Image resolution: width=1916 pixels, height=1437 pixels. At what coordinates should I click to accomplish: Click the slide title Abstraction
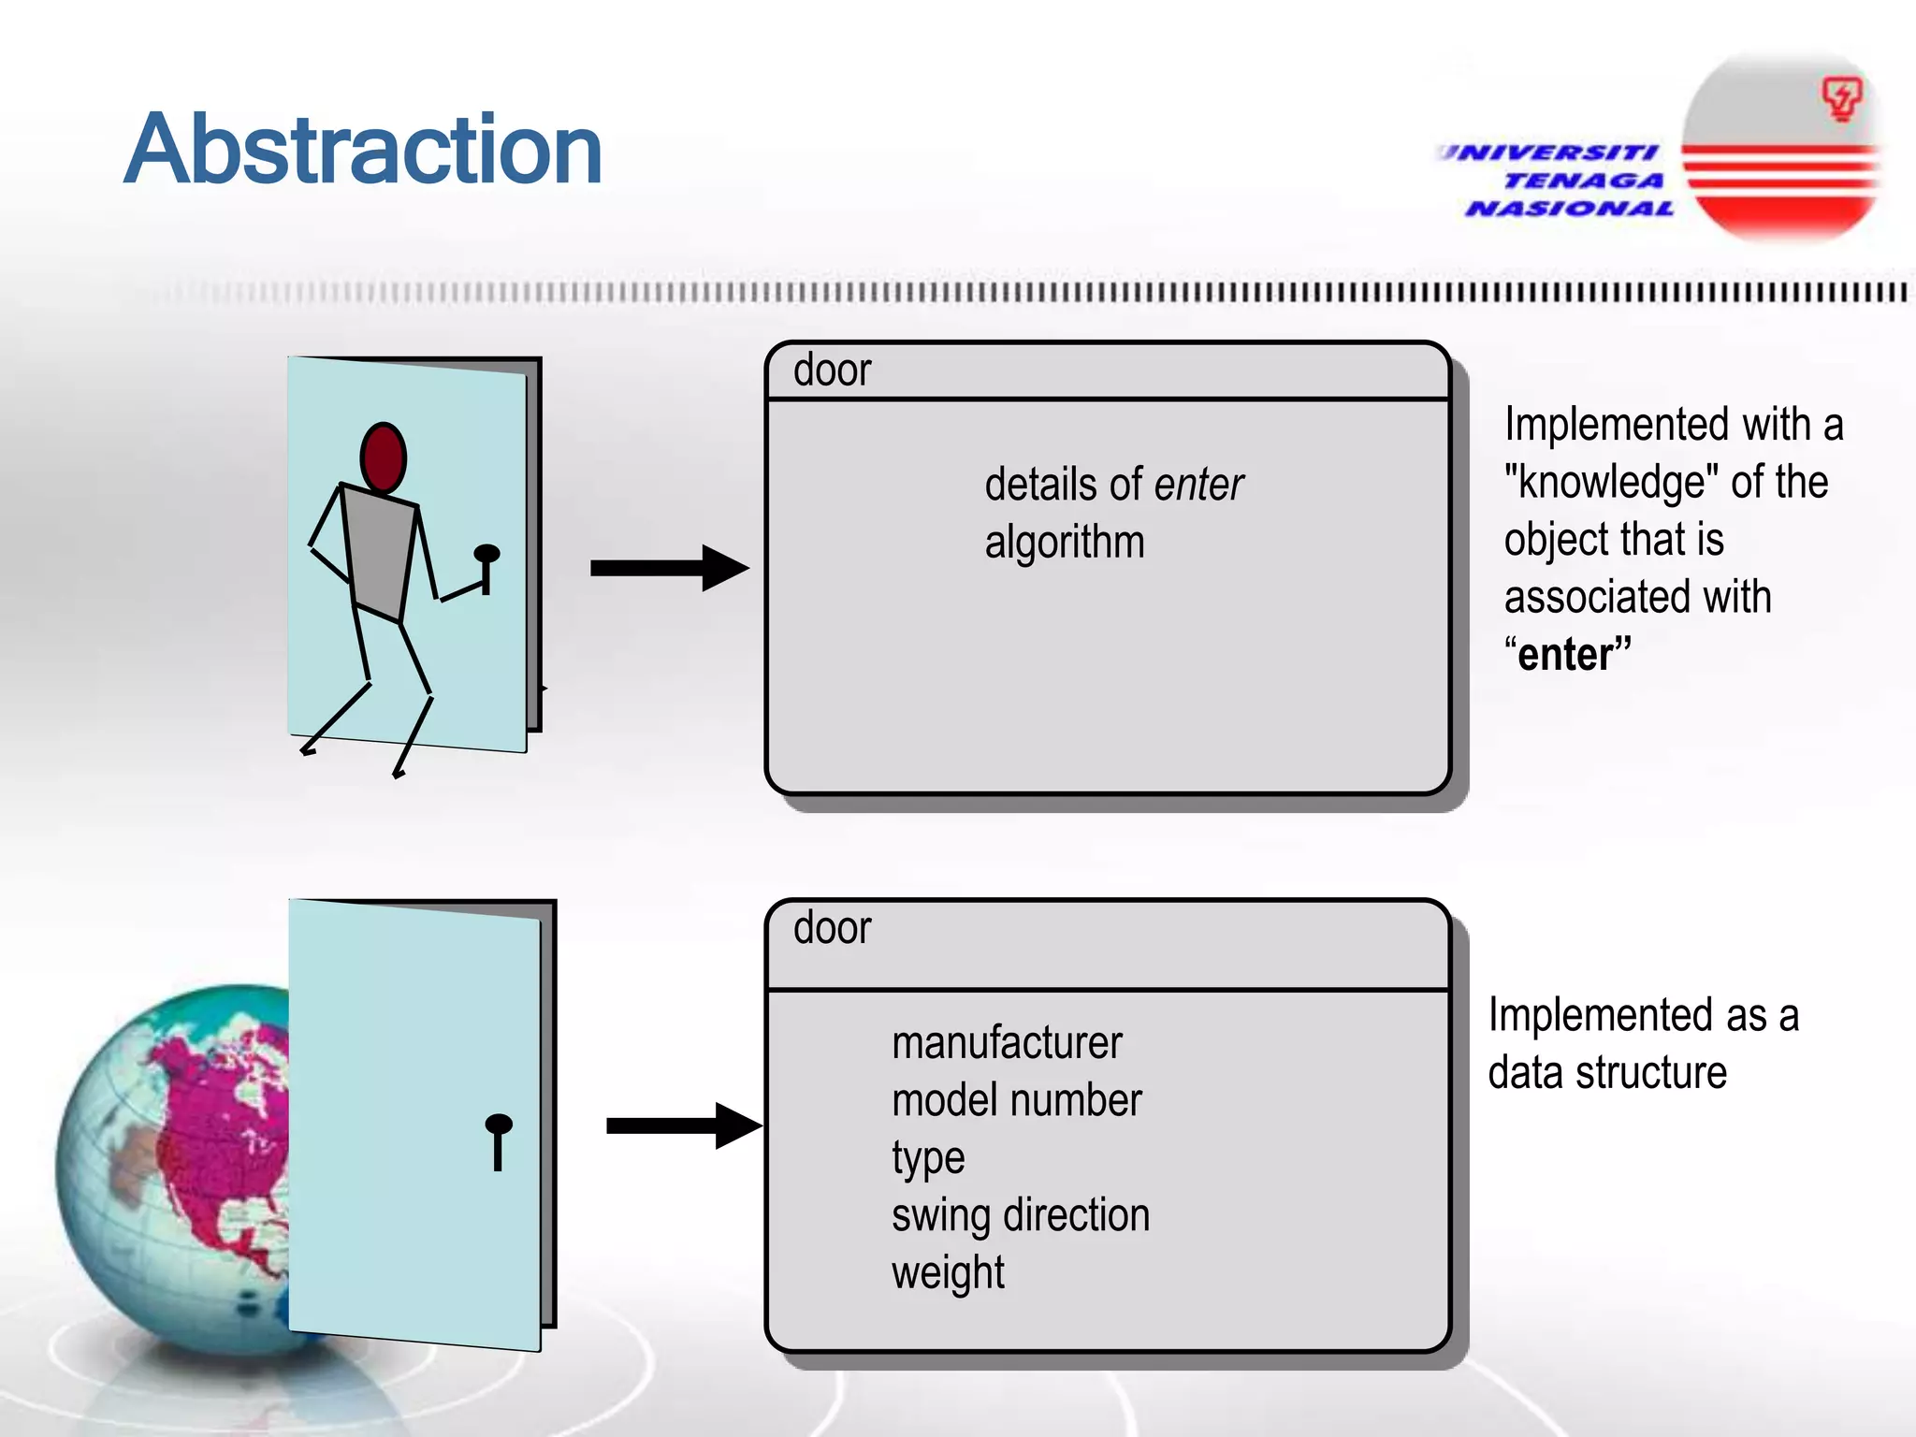pos(363,150)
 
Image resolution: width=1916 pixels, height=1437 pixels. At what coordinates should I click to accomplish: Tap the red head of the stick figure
pos(383,457)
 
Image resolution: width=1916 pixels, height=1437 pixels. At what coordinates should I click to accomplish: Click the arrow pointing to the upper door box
pos(669,568)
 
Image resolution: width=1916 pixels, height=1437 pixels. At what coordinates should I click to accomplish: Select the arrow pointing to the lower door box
pos(684,1125)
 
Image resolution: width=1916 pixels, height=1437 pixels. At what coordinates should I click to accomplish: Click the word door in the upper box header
pos(832,370)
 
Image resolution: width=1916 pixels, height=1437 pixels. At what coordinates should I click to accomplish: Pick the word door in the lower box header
pos(832,928)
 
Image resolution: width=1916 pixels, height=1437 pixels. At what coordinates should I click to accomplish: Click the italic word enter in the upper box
pos(1198,485)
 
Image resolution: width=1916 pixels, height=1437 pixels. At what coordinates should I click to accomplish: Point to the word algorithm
pos(1065,543)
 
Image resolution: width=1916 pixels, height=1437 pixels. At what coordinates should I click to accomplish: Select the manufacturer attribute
pos(1007,1043)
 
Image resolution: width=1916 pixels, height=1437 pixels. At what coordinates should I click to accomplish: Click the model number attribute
pos(1017,1101)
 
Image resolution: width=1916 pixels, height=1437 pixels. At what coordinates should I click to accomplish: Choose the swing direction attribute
pos(1021,1216)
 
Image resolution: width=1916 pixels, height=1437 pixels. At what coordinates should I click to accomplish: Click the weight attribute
pos(948,1273)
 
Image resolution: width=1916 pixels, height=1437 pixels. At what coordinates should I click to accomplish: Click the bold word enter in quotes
pos(1568,654)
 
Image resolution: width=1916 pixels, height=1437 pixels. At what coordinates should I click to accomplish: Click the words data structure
pos(1607,1073)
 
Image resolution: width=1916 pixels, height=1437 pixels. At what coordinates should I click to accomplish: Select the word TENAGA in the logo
pos(1583,181)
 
